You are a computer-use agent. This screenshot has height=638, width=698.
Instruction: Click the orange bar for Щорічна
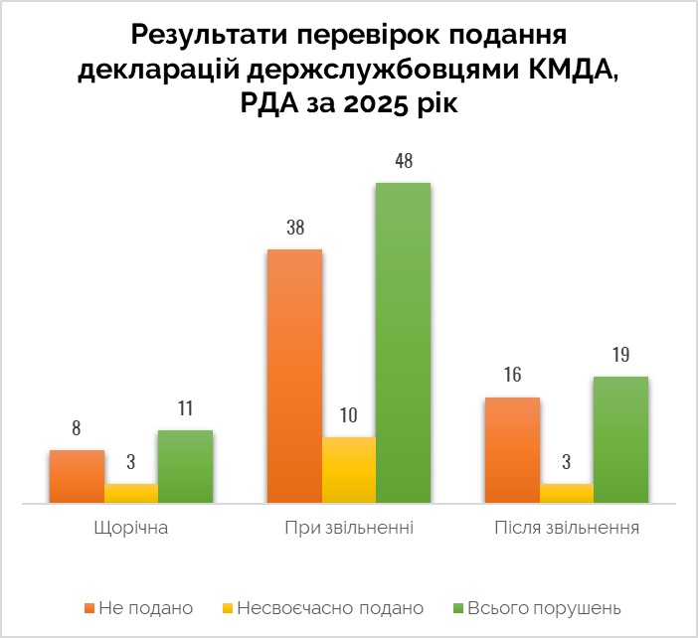click(77, 477)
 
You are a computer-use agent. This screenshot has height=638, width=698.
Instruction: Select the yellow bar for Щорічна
click(131, 494)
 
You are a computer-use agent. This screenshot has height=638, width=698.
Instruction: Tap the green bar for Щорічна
click(185, 467)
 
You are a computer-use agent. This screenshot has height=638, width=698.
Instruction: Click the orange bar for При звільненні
click(294, 377)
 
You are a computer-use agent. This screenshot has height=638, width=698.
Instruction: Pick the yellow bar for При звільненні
click(349, 470)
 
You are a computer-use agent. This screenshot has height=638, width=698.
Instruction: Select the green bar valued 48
click(403, 343)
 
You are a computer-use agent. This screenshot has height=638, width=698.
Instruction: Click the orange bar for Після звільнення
click(512, 450)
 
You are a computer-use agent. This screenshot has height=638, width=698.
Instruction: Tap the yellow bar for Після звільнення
click(566, 494)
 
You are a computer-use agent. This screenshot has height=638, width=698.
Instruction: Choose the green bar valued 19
click(620, 440)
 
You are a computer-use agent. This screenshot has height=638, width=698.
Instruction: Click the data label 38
click(294, 229)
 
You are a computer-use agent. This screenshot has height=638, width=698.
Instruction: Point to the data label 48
click(403, 162)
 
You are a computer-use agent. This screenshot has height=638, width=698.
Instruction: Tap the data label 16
click(512, 376)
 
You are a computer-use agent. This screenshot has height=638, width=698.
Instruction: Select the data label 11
click(185, 408)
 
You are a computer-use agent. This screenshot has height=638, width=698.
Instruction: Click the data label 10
click(349, 415)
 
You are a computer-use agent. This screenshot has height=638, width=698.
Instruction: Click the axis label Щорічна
click(131, 527)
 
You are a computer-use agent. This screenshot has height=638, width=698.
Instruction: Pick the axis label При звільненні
click(349, 527)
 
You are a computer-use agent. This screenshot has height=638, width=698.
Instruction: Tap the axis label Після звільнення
click(566, 527)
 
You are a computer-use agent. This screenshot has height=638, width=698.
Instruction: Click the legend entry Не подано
click(145, 607)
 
